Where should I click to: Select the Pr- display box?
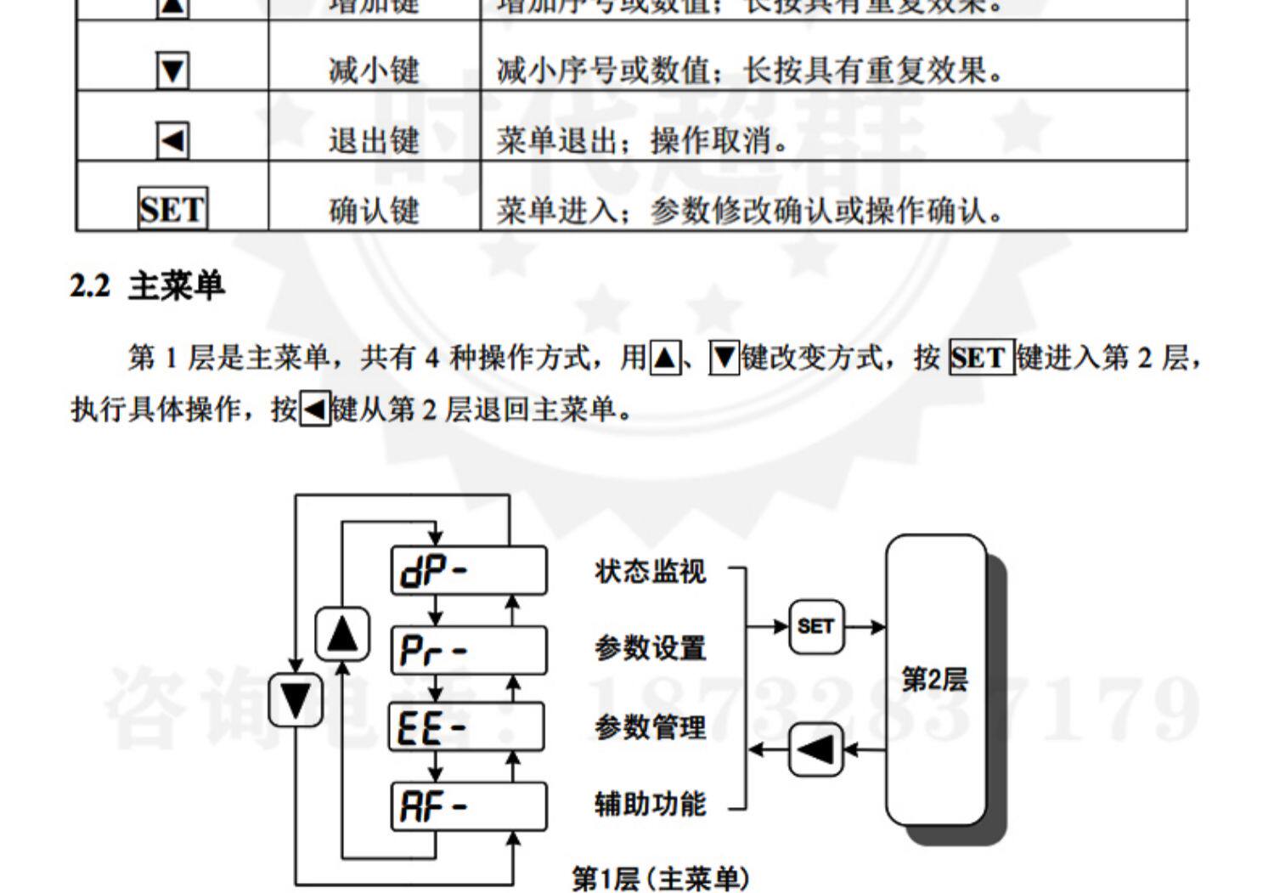pyautogui.click(x=469, y=651)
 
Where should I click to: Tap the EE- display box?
pyautogui.click(x=467, y=727)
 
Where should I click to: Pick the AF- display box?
pyautogui.click(x=469, y=806)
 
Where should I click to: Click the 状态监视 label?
pyautogui.click(x=650, y=571)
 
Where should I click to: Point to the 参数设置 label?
pyautogui.click(x=650, y=648)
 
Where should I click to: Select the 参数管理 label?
pyautogui.click(x=650, y=727)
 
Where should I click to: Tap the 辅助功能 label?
pyautogui.click(x=650, y=804)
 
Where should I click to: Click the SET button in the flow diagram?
pyautogui.click(x=815, y=627)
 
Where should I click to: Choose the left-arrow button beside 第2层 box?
pyautogui.click(x=815, y=750)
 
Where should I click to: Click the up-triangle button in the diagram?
pyautogui.click(x=342, y=634)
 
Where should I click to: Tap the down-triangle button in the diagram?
pyautogui.click(x=296, y=700)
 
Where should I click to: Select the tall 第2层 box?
pyautogui.click(x=935, y=680)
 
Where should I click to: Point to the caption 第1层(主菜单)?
pyautogui.click(x=660, y=878)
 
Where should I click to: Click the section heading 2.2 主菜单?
pyautogui.click(x=147, y=285)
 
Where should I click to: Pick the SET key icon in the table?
pyautogui.click(x=172, y=209)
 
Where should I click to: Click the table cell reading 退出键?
pyautogui.click(x=374, y=140)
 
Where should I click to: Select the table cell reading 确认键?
pyautogui.click(x=374, y=210)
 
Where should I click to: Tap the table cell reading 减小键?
pyautogui.click(x=374, y=71)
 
